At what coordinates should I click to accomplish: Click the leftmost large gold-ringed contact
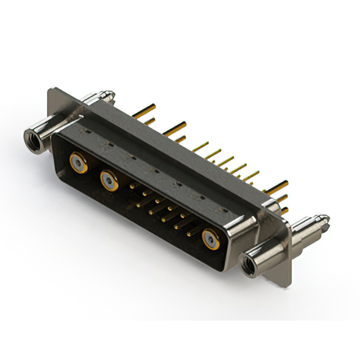(78, 163)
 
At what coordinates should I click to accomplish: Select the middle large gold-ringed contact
(109, 181)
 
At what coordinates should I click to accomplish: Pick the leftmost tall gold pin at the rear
(144, 109)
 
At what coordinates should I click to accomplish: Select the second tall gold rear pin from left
(175, 127)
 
